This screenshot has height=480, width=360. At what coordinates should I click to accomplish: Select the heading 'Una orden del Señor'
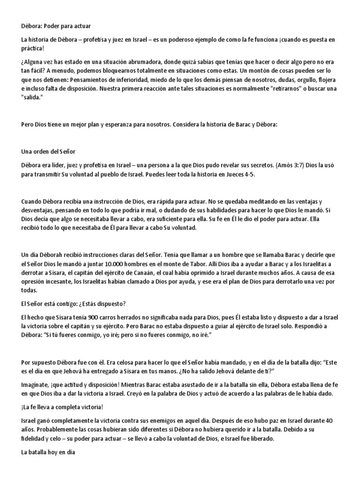coord(48,152)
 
